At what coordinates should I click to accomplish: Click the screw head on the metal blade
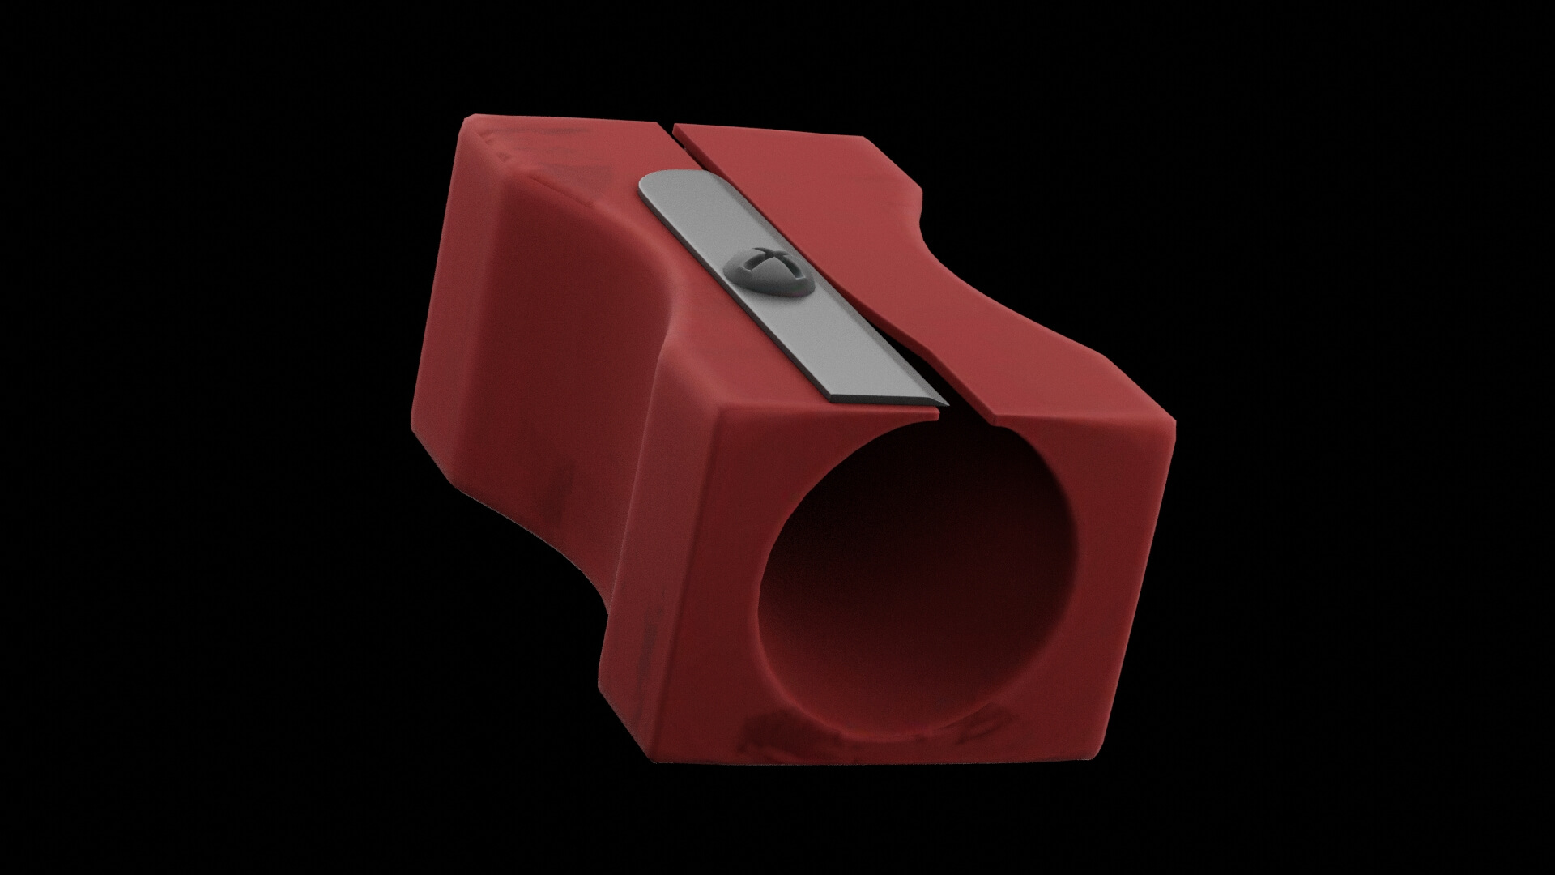click(x=770, y=274)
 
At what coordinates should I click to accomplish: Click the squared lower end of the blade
click(x=887, y=393)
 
